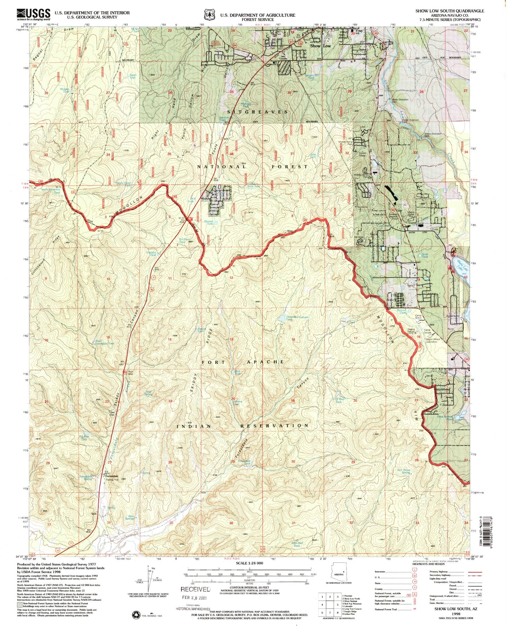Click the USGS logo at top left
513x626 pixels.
[33, 14]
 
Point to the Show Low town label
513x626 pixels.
[320, 46]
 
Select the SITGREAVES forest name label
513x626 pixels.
[257, 112]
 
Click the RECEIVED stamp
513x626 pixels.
[196, 589]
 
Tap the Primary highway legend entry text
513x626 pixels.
[438, 572]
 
